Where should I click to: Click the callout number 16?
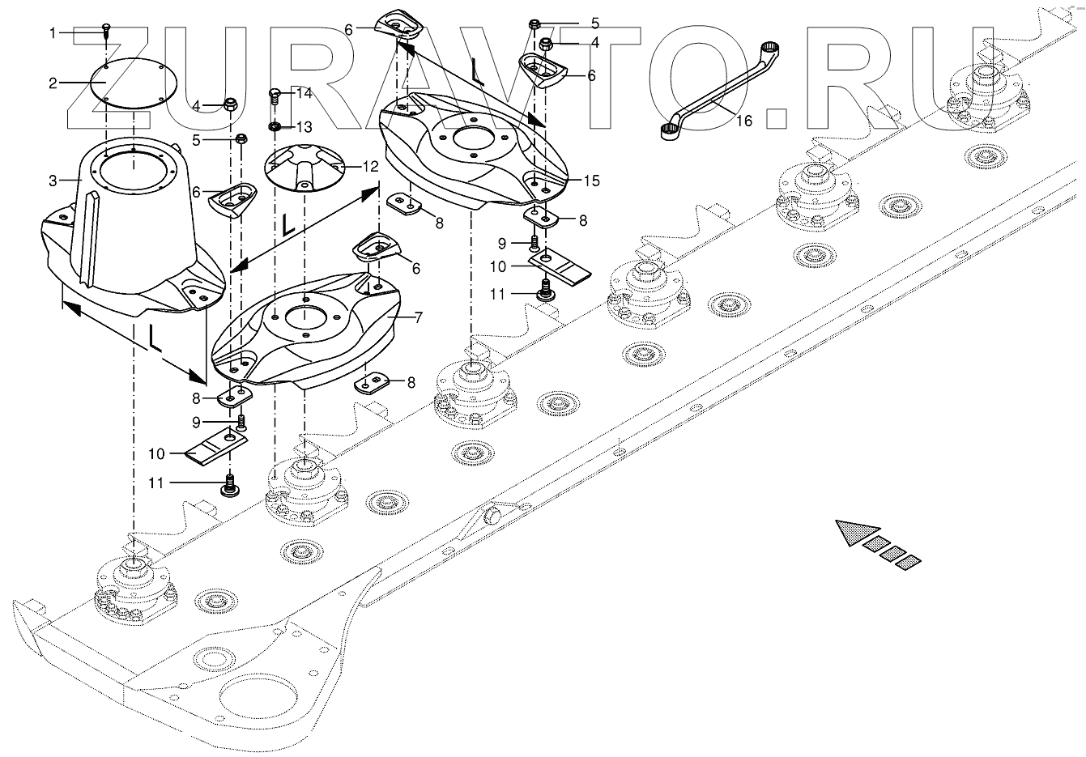tap(744, 121)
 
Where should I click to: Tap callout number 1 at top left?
tap(53, 33)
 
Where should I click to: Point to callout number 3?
tap(53, 180)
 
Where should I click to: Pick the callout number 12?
tap(370, 168)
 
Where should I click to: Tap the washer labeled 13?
tap(275, 127)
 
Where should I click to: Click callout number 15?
tap(591, 181)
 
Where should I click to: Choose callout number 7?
tap(418, 318)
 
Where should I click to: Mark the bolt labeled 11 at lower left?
tap(229, 487)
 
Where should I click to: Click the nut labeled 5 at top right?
tap(534, 24)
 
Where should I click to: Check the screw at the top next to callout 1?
tap(106, 31)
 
